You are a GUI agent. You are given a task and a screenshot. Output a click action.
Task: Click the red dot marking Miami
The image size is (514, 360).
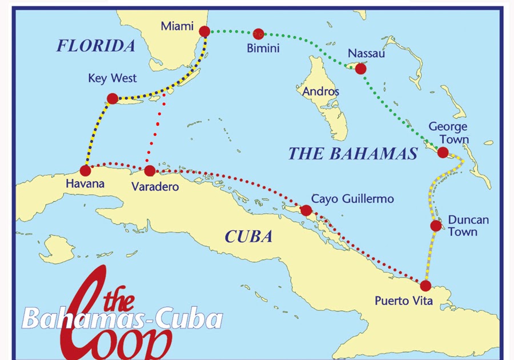(x=204, y=31)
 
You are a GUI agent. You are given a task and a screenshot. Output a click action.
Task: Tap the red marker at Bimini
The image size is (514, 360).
(x=259, y=34)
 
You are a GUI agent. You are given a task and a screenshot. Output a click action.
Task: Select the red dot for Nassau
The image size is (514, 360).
(x=360, y=69)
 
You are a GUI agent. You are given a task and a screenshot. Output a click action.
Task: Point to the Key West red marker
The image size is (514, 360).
(x=113, y=98)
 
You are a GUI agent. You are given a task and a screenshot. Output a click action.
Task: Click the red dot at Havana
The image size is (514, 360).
(x=86, y=170)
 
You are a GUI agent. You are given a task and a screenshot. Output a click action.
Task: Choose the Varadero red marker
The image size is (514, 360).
(x=150, y=170)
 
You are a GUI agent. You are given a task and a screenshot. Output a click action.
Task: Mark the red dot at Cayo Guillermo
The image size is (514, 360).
(x=306, y=210)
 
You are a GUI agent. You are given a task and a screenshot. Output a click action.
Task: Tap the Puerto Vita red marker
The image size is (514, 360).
(x=425, y=286)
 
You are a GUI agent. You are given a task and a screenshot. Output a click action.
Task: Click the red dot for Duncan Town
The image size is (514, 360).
(x=436, y=226)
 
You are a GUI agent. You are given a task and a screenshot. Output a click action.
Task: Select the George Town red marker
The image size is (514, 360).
(x=443, y=152)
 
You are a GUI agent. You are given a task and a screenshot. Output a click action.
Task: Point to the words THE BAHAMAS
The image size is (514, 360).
(x=352, y=153)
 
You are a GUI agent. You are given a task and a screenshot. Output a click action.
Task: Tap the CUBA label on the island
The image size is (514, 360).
(x=248, y=237)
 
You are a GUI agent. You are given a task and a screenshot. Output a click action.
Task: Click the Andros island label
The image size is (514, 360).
(x=320, y=91)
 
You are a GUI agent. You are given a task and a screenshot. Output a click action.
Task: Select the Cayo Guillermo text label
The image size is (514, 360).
(x=352, y=199)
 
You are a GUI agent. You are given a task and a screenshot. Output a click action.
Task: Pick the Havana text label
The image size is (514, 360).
(x=85, y=185)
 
